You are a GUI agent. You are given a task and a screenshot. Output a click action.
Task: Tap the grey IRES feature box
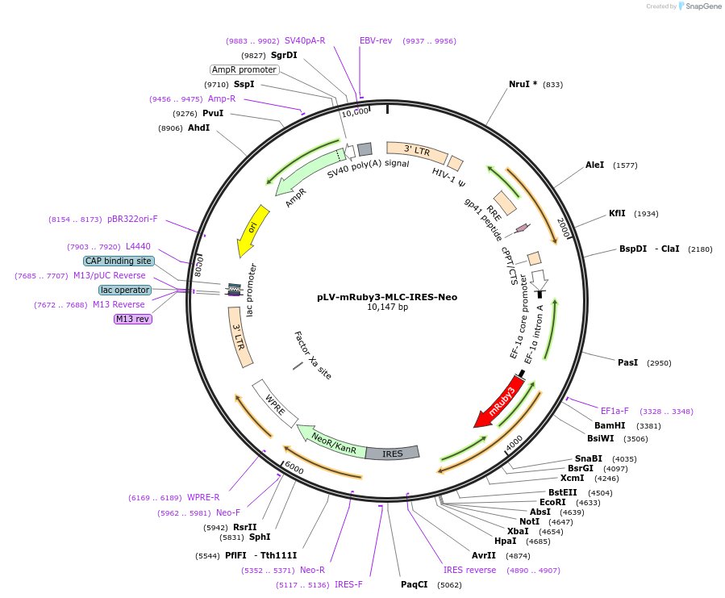(x=392, y=454)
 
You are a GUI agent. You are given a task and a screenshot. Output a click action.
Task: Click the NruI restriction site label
(x=523, y=85)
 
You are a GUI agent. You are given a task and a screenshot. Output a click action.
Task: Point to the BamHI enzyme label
(x=610, y=425)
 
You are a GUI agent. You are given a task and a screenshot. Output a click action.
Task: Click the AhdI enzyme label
(x=198, y=128)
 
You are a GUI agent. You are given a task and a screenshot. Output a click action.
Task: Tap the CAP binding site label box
(x=118, y=261)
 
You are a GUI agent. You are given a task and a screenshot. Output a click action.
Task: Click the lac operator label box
(x=125, y=290)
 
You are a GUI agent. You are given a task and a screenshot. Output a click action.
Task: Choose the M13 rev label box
(x=133, y=319)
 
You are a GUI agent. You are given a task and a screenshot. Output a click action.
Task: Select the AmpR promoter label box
(x=244, y=69)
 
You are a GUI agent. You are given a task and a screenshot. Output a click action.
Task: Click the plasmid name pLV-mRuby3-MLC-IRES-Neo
(x=387, y=297)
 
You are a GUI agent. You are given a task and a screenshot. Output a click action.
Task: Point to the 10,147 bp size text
(x=387, y=307)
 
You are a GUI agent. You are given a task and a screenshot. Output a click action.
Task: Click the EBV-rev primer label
(x=376, y=40)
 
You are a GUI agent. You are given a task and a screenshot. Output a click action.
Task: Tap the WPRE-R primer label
(x=203, y=497)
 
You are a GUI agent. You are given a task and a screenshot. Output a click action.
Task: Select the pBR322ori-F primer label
(x=132, y=219)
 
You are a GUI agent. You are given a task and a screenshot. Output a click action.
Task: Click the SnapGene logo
(x=698, y=6)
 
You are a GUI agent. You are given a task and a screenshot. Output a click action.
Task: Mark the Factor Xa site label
(x=313, y=356)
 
